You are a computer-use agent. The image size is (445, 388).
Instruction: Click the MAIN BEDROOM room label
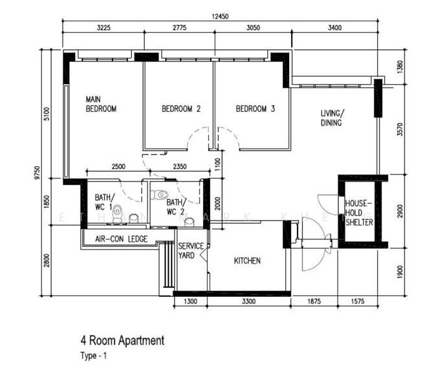coord(101,104)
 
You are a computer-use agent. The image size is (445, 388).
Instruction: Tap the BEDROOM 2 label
coord(180,109)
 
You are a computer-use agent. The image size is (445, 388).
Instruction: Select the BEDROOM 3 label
coord(255,109)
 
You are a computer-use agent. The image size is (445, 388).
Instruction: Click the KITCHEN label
coord(247,261)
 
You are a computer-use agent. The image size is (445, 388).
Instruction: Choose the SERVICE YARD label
coord(191,250)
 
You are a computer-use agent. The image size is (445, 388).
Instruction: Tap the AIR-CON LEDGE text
coord(121,239)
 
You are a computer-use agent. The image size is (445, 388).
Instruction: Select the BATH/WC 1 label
coord(104,202)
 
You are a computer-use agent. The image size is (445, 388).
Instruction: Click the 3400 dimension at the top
coord(334,28)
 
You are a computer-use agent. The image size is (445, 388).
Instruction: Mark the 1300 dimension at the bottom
coord(191,301)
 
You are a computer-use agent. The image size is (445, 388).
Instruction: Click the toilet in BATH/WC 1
coord(117,214)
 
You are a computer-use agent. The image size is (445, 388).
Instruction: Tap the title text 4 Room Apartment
coord(122,340)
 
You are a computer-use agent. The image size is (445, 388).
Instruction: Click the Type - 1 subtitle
coord(94,356)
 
